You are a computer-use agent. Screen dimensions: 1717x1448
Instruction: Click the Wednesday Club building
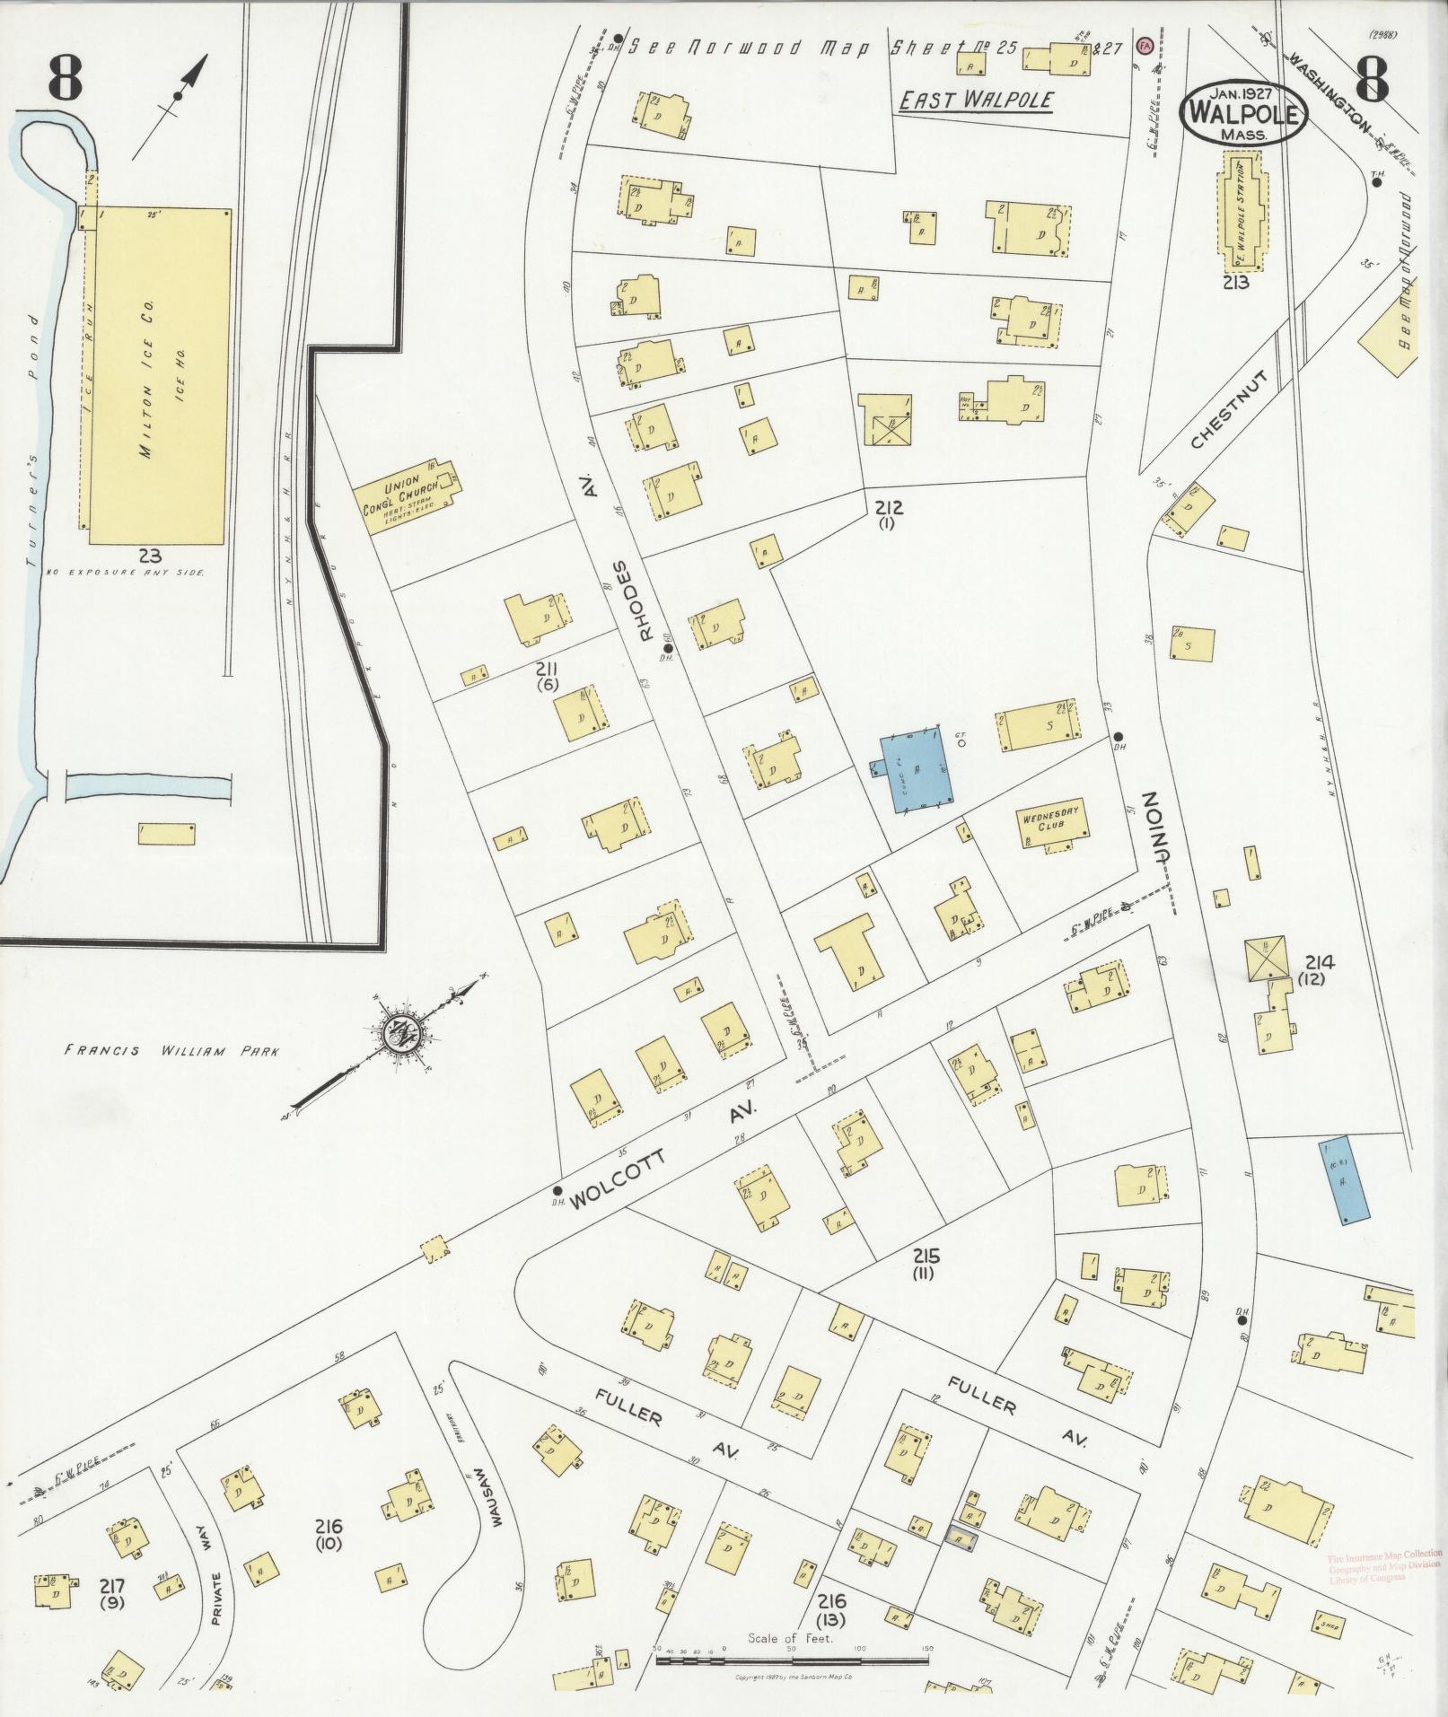[x=1051, y=822]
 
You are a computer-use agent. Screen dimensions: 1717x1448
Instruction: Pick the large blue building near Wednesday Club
[x=912, y=768]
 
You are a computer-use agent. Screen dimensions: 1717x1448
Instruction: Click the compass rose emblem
[x=397, y=1034]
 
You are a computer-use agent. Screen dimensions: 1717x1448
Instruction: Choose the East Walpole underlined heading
[x=976, y=101]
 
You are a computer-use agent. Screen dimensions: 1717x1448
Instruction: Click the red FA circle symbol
[x=1144, y=44]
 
